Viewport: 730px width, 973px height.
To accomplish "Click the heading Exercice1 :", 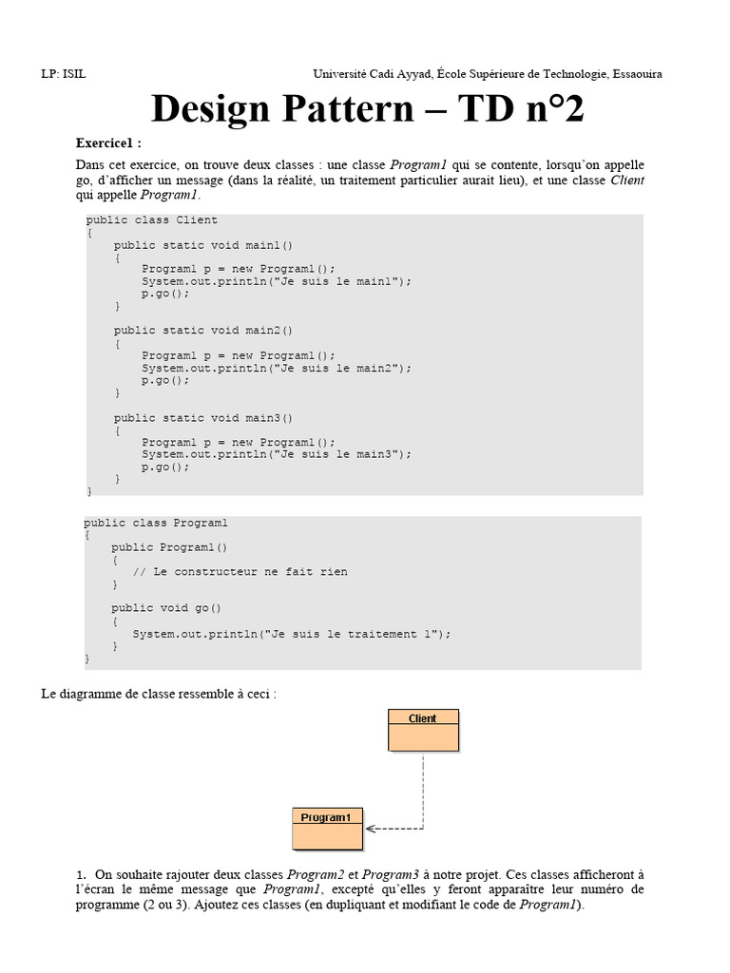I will click(x=108, y=143).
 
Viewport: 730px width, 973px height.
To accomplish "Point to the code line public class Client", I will click(x=152, y=219).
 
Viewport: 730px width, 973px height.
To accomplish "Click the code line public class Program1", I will click(x=156, y=524).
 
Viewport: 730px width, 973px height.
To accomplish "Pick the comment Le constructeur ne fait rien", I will click(x=249, y=572).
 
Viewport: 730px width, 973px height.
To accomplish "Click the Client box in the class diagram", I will click(x=423, y=730).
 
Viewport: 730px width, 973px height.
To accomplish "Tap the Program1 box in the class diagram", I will click(x=326, y=828).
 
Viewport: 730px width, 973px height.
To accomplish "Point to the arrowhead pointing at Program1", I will click(x=372, y=829).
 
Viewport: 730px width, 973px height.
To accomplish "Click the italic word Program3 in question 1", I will click(x=391, y=874).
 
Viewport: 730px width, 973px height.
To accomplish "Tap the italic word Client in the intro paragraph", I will click(x=627, y=179).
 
